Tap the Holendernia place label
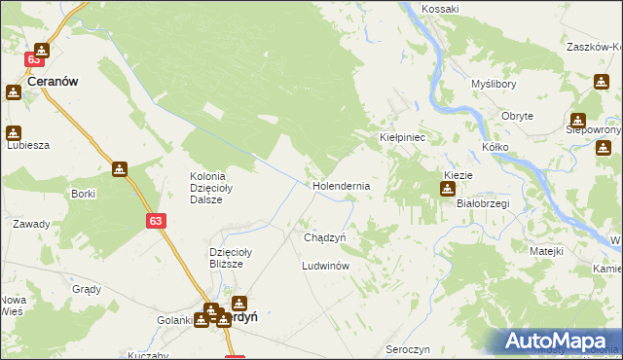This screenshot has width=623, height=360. coord(341,184)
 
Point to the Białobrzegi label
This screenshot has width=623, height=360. coord(483,204)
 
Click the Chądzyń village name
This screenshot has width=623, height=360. coord(319,237)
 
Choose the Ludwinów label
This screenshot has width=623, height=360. coord(325,265)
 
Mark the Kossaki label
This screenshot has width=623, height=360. coord(441,9)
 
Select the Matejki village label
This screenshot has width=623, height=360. coord(546,251)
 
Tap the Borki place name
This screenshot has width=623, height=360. coord(83,194)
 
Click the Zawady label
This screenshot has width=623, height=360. coord(30,224)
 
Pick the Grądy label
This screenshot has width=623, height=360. coord(87,289)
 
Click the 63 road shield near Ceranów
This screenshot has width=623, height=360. coord(34,60)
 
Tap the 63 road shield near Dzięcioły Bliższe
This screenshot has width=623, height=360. coord(157,222)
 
